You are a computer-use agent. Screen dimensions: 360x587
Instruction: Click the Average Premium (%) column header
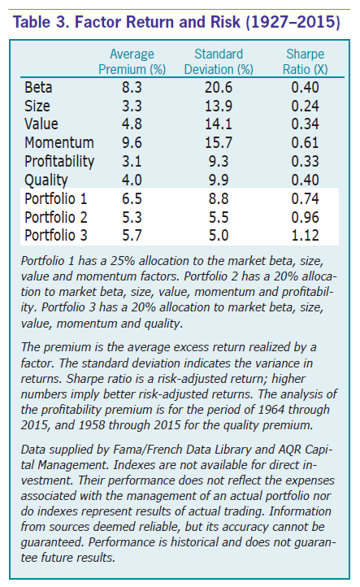132,62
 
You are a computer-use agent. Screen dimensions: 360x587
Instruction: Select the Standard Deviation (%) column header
219,62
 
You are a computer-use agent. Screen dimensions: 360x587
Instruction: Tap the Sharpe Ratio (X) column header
305,62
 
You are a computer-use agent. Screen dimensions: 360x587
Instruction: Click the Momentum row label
59,142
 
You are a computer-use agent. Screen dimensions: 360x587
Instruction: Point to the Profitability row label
59,162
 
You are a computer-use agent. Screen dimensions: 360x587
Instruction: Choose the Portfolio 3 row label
56,236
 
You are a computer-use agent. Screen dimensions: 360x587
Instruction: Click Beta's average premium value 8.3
132,88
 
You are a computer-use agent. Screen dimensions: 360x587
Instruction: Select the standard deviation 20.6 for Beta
219,88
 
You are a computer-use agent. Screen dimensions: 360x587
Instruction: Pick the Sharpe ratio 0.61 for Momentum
305,142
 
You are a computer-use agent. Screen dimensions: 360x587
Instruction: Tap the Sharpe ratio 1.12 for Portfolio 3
305,236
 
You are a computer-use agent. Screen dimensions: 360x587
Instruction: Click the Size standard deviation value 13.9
219,106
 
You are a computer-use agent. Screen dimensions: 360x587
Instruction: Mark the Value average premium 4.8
132,124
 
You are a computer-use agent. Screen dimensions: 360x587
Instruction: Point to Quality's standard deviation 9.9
219,180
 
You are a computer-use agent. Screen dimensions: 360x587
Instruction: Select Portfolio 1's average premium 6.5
132,199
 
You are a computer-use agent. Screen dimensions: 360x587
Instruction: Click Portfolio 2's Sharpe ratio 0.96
305,217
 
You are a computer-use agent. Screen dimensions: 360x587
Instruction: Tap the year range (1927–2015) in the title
293,22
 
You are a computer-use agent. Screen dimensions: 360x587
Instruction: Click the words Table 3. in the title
42,22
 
